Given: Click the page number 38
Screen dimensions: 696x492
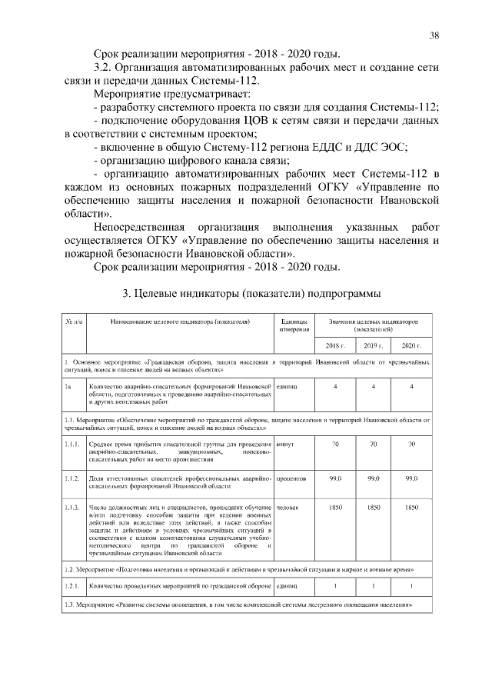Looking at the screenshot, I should pyautogui.click(x=434, y=35).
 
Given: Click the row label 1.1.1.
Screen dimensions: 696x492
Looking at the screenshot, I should pyautogui.click(x=73, y=445).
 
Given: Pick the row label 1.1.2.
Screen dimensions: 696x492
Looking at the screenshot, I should pyautogui.click(x=73, y=478).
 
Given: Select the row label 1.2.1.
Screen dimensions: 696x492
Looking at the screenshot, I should pyautogui.click(x=73, y=586).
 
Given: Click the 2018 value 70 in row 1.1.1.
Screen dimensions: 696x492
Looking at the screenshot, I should pyautogui.click(x=335, y=445).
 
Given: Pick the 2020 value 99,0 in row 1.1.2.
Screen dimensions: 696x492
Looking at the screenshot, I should pyautogui.click(x=411, y=478).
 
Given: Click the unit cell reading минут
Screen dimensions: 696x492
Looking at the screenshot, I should pyautogui.click(x=285, y=445).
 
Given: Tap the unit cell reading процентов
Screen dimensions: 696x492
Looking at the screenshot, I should pyautogui.click(x=291, y=478).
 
